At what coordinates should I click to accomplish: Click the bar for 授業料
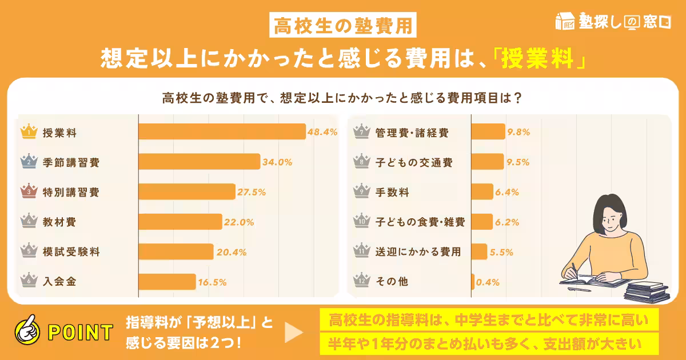pos(222,132)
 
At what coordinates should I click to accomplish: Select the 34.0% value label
pos(277,162)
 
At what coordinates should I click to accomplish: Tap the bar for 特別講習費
pos(186,192)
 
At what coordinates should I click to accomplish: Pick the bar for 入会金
pos(167,281)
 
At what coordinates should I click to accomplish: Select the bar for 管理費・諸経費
pos(488,132)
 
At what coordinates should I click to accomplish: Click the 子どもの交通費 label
pos(414,162)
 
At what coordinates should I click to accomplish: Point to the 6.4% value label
pos(507,192)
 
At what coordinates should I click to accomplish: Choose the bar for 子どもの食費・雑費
pos(482,222)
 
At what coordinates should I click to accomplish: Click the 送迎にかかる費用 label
pos(418,251)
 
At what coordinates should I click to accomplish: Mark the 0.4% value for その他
pos(488,281)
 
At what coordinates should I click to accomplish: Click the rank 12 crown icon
pos(361,281)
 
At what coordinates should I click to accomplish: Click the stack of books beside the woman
pos(646,291)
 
